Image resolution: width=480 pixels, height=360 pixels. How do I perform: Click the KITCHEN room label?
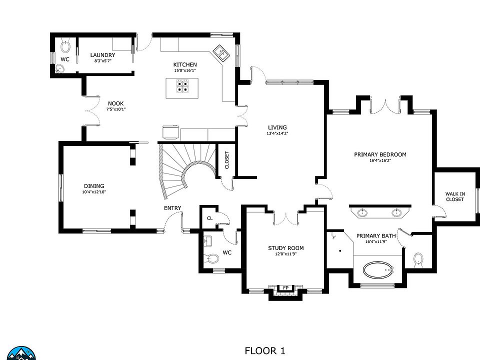point(185,64)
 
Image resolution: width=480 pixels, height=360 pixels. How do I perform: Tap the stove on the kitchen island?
point(182,85)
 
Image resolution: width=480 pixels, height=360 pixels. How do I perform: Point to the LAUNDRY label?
point(102,55)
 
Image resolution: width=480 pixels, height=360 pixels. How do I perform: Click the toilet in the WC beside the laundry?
point(65,46)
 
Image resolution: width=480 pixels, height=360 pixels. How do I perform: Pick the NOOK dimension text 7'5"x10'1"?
point(116,109)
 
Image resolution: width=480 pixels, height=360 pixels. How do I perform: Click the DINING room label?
point(94,186)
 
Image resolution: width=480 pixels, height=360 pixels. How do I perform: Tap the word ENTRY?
point(172,208)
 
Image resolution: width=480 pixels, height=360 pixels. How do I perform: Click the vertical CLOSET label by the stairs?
point(227,160)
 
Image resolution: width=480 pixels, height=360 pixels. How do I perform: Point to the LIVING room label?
point(277,127)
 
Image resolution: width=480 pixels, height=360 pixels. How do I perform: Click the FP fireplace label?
point(285,288)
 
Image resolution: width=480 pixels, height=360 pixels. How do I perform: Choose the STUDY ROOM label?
point(286,248)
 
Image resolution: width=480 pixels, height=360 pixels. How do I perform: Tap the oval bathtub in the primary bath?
point(378,270)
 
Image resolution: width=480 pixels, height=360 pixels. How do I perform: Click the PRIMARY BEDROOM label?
point(380,154)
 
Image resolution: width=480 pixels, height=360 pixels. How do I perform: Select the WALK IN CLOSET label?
point(455,196)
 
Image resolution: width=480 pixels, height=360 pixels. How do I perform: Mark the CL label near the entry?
point(209,218)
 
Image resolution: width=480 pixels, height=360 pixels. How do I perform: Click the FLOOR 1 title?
point(265,350)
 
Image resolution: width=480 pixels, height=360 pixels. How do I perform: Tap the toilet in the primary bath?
point(418,259)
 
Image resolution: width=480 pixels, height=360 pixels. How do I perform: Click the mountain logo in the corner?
point(21,353)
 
